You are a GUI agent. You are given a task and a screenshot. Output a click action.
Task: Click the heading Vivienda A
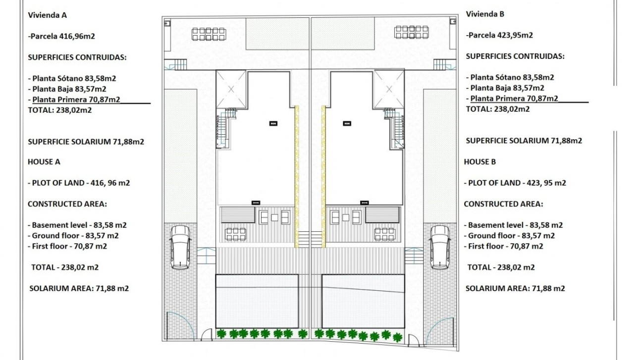tap(47, 15)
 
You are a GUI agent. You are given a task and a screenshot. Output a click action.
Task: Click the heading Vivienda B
tap(485, 14)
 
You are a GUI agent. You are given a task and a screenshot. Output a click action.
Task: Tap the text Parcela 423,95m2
tap(499, 35)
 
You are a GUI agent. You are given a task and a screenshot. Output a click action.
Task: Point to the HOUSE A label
tap(44, 161)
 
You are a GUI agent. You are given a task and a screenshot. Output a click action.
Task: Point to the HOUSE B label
tap(480, 161)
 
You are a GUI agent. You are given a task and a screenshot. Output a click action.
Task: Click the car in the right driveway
tap(439, 247)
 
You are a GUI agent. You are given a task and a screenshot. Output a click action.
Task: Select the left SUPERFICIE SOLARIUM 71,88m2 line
tap(86, 141)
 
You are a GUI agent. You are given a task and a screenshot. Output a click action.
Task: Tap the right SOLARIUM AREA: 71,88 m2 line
tap(515, 288)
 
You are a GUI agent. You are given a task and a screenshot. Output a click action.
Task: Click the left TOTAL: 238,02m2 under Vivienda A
tap(59, 110)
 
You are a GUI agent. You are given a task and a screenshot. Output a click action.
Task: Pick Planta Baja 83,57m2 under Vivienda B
tap(505, 88)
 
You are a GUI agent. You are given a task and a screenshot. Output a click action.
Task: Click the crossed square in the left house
tap(231, 89)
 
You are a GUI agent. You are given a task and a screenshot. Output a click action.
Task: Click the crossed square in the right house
tap(389, 89)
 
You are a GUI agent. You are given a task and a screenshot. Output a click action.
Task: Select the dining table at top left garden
tap(209, 34)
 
